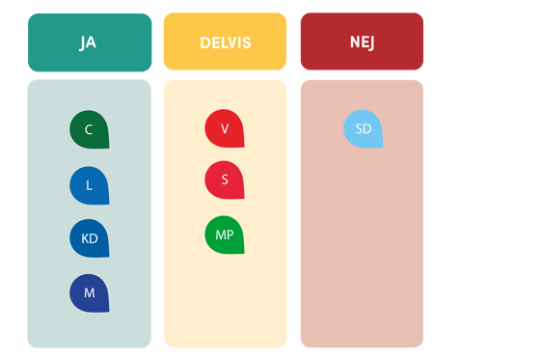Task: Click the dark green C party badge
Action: [x=89, y=129]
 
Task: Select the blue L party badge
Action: [x=89, y=185]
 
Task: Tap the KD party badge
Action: [x=89, y=238]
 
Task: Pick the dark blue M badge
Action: [x=89, y=293]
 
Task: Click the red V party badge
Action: [x=225, y=128]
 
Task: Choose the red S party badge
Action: [x=225, y=180]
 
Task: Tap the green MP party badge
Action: [x=225, y=235]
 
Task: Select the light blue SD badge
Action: [x=364, y=128]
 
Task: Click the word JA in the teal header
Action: [x=88, y=43]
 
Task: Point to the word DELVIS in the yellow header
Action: [x=225, y=43]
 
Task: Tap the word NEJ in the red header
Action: [x=362, y=43]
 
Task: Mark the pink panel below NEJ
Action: [x=362, y=251]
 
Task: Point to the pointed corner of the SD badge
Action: [x=382, y=147]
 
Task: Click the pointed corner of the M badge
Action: [x=107, y=311]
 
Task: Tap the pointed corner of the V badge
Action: [x=243, y=146]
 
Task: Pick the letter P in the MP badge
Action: [x=229, y=235]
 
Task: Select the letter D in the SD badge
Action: [x=367, y=129]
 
